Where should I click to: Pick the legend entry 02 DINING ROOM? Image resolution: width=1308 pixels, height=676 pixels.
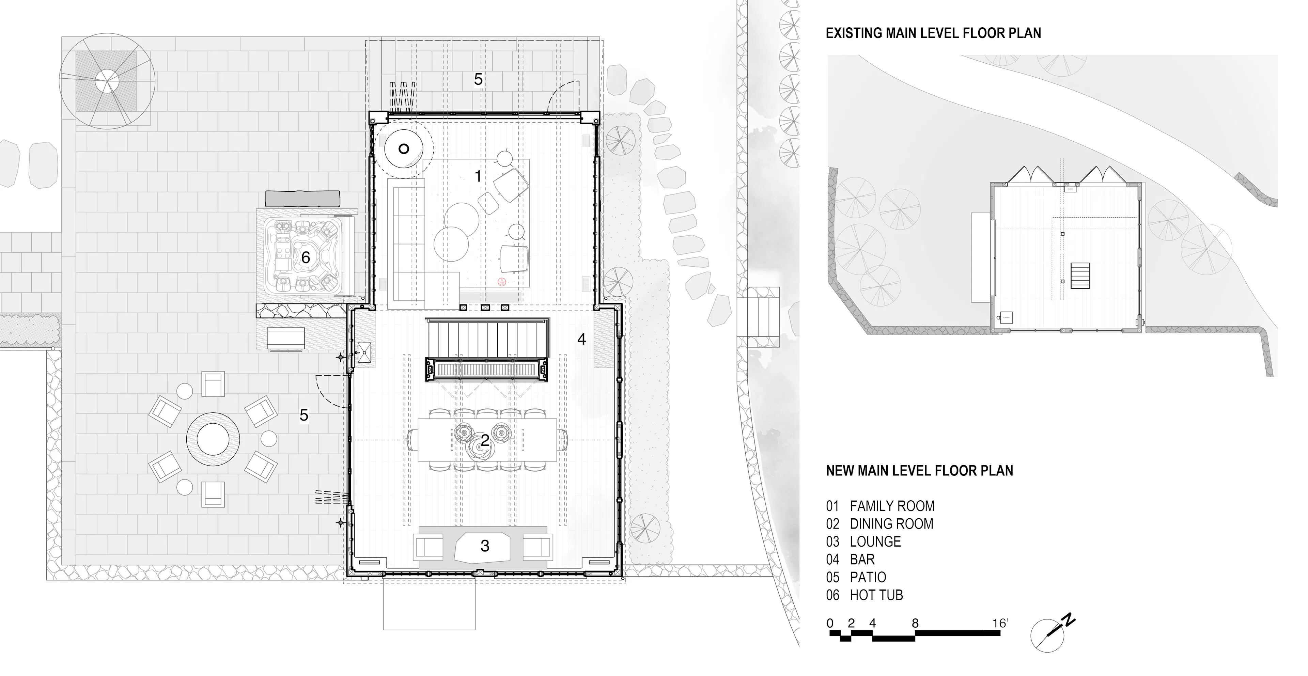(879, 524)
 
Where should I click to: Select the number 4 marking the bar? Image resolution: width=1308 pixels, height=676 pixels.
(581, 339)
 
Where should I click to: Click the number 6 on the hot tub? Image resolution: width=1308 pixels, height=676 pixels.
(305, 258)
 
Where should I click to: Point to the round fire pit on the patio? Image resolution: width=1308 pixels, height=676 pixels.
(213, 440)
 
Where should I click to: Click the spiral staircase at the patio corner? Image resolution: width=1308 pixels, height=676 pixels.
(107, 81)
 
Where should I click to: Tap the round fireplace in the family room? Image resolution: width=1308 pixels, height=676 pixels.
(404, 149)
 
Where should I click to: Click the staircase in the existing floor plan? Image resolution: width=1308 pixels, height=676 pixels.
(1080, 275)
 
